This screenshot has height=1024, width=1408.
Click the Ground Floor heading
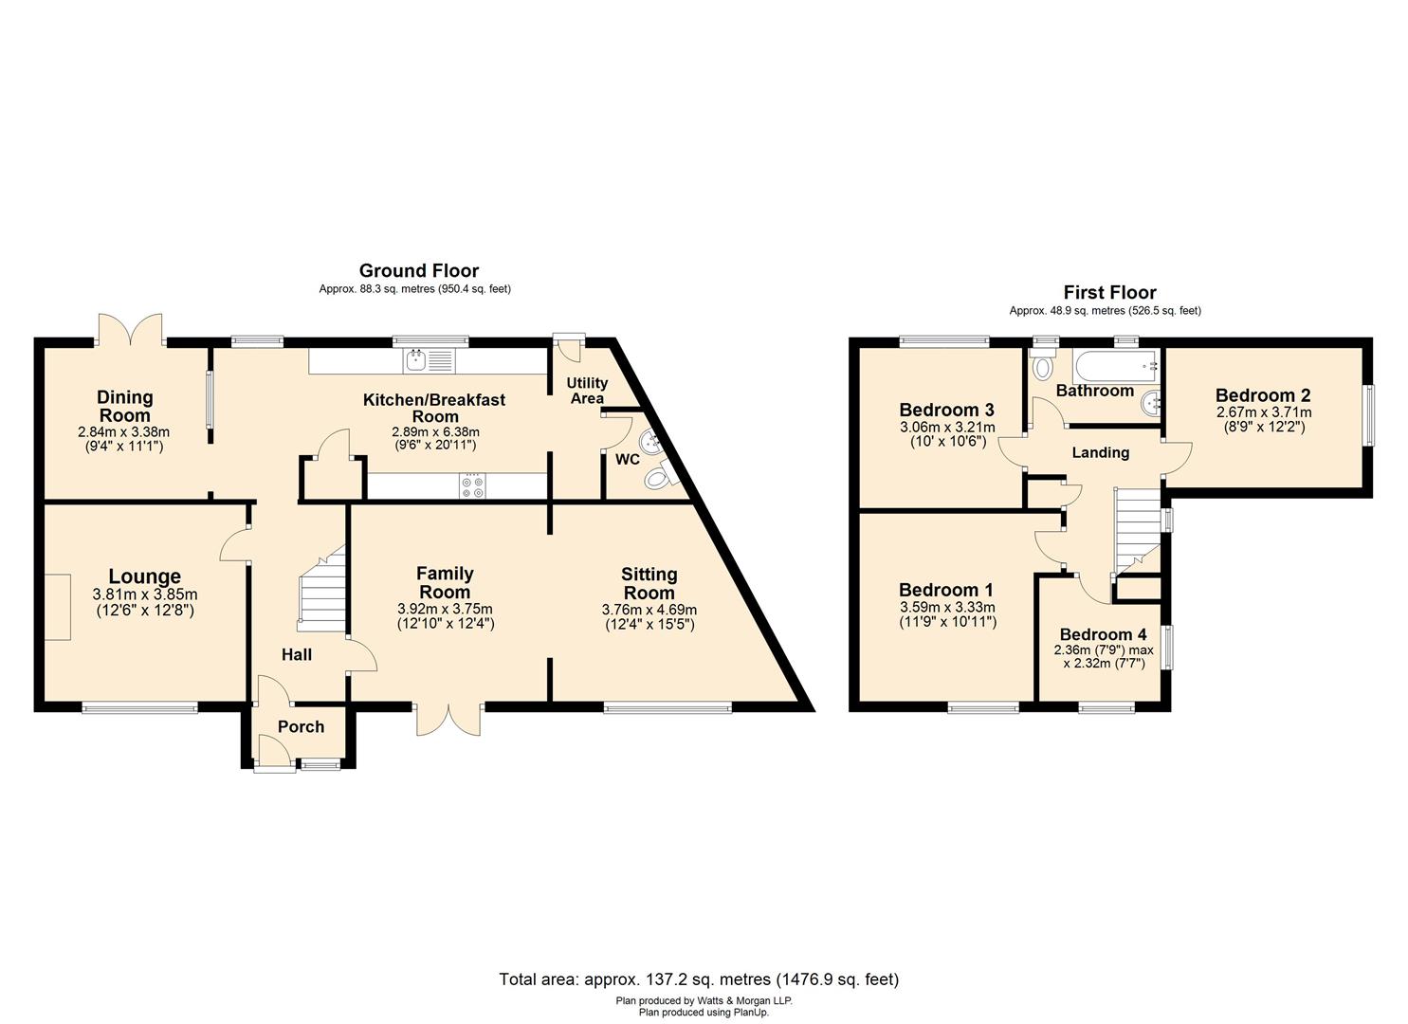tap(418, 271)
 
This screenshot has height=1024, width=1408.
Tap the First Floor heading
tap(1109, 293)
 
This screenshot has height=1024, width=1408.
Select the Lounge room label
tap(144, 576)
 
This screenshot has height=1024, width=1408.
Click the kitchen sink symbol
tap(430, 360)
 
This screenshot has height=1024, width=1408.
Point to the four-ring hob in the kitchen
tap(472, 486)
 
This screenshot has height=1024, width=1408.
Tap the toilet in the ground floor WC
tap(657, 481)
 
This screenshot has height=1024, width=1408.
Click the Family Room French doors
tap(448, 720)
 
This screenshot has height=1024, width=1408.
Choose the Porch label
tap(301, 727)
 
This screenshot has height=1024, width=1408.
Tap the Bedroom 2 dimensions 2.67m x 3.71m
tap(1263, 413)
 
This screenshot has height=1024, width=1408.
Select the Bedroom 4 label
tap(1103, 634)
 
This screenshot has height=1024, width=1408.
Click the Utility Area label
tap(587, 391)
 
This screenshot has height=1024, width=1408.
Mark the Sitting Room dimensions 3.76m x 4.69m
tap(649, 610)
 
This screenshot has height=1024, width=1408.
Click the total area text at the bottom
tap(699, 979)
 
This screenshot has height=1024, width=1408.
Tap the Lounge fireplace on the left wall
tap(57, 607)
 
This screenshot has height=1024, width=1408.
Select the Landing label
tap(1100, 453)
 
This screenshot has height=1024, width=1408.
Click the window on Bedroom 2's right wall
tap(1367, 413)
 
